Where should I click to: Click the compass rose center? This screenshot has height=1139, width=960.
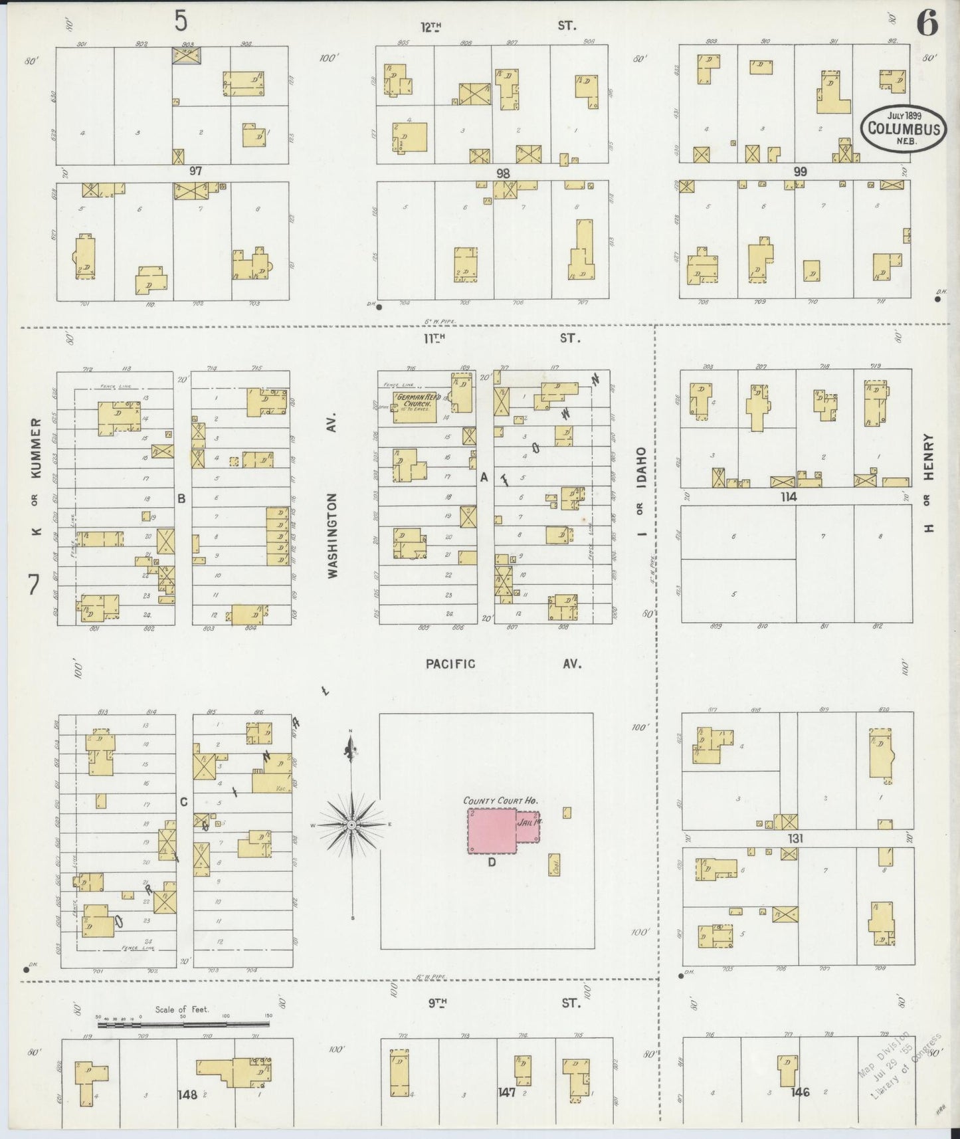click(x=351, y=825)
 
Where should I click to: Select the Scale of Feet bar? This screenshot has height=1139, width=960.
click(x=183, y=1025)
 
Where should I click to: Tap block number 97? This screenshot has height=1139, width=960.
click(x=195, y=171)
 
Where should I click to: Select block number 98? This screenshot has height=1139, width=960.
click(x=503, y=173)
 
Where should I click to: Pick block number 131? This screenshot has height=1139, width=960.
click(x=795, y=839)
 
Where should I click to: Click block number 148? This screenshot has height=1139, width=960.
click(x=187, y=1094)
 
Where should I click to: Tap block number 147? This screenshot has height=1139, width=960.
click(x=506, y=1092)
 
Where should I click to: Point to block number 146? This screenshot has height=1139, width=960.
click(x=801, y=1092)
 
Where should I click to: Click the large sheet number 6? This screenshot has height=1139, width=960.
click(x=927, y=25)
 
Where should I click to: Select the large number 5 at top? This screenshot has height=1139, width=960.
click(x=181, y=21)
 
